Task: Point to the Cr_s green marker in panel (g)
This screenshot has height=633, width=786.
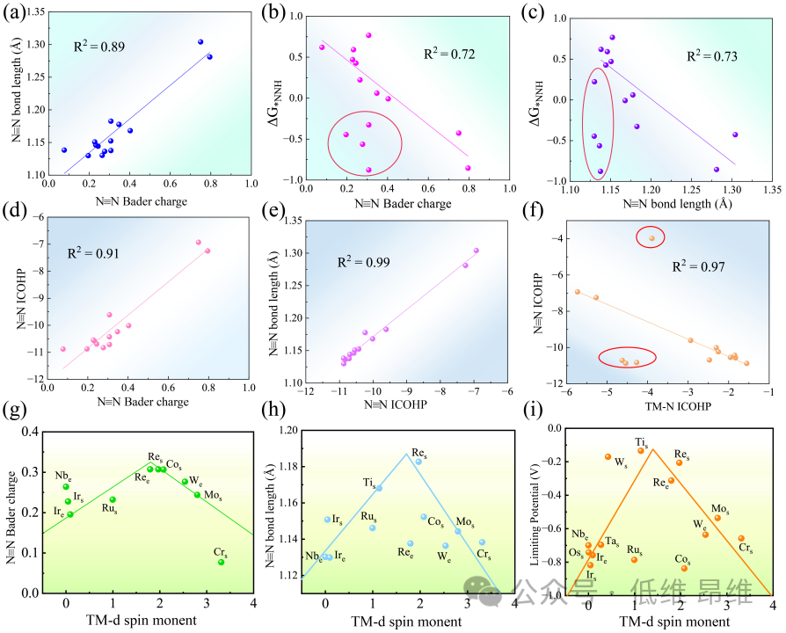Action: point(221,562)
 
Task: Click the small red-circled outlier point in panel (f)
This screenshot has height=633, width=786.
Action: point(651,237)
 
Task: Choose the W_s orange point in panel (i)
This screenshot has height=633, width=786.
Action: point(608,456)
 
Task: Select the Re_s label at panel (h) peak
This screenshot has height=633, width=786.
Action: point(419,451)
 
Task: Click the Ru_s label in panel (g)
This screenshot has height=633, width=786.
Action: point(110,509)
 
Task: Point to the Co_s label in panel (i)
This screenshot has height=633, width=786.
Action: point(682,558)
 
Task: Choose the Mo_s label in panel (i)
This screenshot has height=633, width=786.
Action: point(720,509)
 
